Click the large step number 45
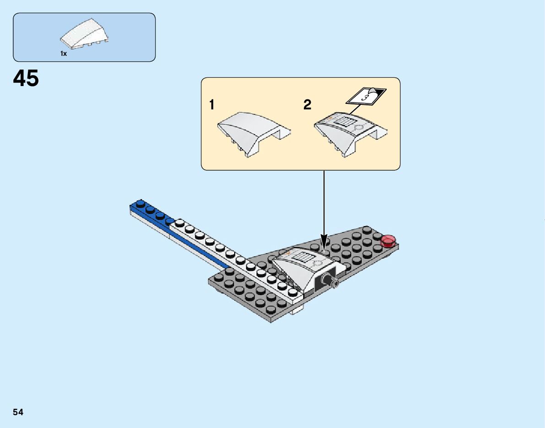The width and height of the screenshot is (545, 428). point(26,79)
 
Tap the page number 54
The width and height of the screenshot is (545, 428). point(18,412)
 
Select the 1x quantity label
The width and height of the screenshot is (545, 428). point(64,54)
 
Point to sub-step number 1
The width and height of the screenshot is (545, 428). point(211,105)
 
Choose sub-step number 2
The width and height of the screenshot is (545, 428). point(308,105)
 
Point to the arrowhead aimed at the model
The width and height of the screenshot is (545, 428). point(324,241)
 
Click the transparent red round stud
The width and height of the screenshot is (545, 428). point(389,240)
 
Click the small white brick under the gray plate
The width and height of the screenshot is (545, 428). point(297,311)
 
